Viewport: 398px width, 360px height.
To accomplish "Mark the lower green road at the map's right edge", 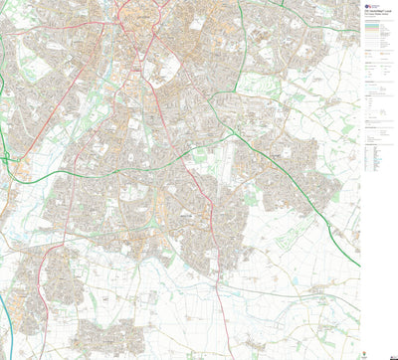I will [356, 264].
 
